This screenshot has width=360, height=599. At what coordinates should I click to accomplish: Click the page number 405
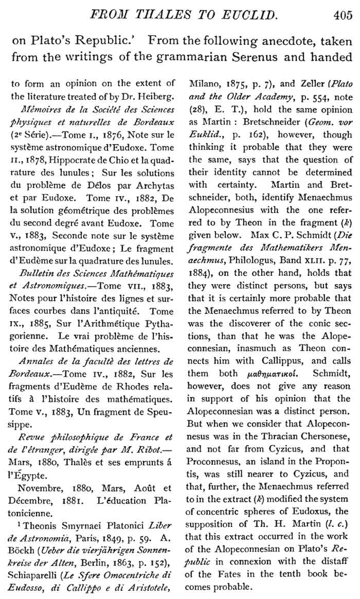click(x=343, y=15)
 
